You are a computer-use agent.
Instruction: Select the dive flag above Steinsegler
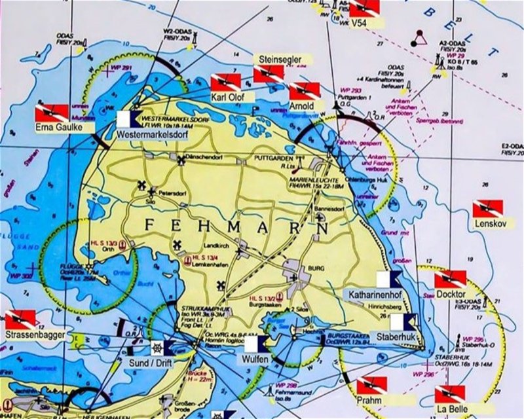[x=269, y=74]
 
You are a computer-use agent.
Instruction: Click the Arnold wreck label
[x=302, y=106]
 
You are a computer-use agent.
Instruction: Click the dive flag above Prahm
[x=371, y=385]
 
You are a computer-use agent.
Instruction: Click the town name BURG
[x=307, y=268]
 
